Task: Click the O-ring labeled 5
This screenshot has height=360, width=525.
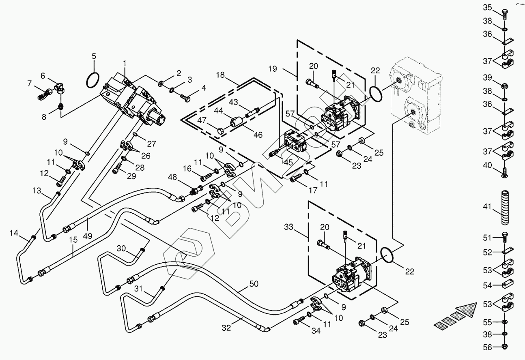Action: pos(94,80)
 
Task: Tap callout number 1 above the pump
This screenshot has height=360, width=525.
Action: pos(125,63)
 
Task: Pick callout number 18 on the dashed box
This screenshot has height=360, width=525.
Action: pos(220,75)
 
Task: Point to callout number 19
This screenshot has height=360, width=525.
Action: pos(272,69)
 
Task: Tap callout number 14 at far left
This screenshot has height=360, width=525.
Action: pos(14,233)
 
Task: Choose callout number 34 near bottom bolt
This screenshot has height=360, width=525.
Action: pos(316,331)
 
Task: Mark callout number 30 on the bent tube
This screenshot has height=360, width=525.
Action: pos(122,248)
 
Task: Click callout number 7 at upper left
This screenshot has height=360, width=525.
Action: pos(29,84)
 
